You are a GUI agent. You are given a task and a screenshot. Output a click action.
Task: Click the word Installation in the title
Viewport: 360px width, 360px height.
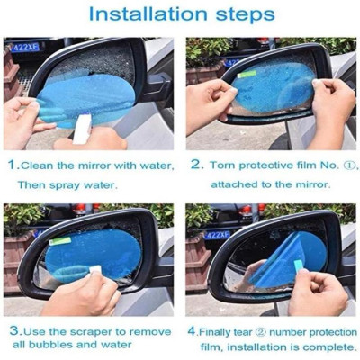pyautogui.click(x=148, y=15)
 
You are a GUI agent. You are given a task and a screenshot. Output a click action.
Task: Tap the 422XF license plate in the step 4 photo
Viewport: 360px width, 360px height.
pyautogui.click(x=216, y=234)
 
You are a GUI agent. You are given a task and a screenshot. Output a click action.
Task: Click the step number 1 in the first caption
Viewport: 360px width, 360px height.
pyautogui.click(x=12, y=165)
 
